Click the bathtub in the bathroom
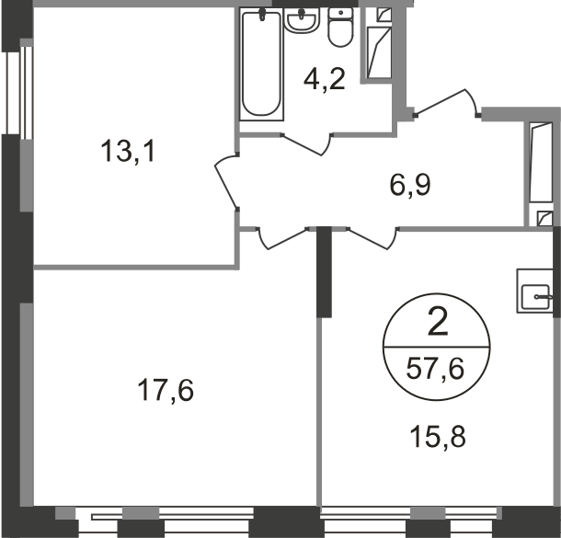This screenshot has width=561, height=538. coord(261,64)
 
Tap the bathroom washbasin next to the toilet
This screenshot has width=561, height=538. coord(302,20)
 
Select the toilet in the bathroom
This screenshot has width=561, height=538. coord(340,28)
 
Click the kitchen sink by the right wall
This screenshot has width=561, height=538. coord(535,296)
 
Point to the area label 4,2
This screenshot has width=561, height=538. coord(324,79)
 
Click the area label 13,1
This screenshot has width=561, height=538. coord(128,151)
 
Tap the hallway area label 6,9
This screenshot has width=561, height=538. coord(410,185)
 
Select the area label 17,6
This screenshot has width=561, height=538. coord(166,390)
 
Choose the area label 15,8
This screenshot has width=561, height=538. coord(438,437)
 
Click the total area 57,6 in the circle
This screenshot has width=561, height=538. coord(435,369)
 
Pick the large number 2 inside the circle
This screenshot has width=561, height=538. coord(438,323)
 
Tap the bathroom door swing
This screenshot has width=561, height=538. coord(306,143)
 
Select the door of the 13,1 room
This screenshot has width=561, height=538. coord(226,180)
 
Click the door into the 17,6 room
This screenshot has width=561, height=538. coord(283,238)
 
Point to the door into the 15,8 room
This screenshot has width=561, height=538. coord(372,238)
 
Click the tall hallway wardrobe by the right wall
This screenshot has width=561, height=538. coord(542,174)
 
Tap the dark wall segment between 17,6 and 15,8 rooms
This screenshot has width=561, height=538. coord(324,272)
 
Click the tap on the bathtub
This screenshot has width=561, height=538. coord(262,15)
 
